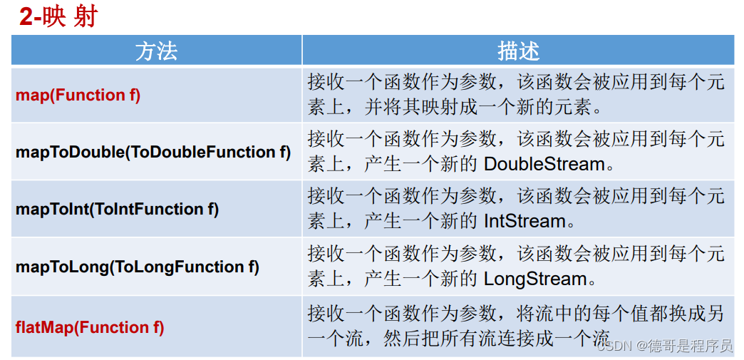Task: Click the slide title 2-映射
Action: [x=58, y=18]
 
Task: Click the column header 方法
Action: [x=156, y=51]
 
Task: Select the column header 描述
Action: [x=518, y=51]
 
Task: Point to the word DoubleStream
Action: [x=544, y=165]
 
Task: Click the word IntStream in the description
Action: [x=525, y=221]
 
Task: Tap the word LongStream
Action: [x=535, y=279]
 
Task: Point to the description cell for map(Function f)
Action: [x=518, y=96]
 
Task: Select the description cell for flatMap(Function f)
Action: [x=518, y=326]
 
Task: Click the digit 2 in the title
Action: [x=26, y=18]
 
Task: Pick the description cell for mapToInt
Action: [x=518, y=210]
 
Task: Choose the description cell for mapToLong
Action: [x=518, y=267]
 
